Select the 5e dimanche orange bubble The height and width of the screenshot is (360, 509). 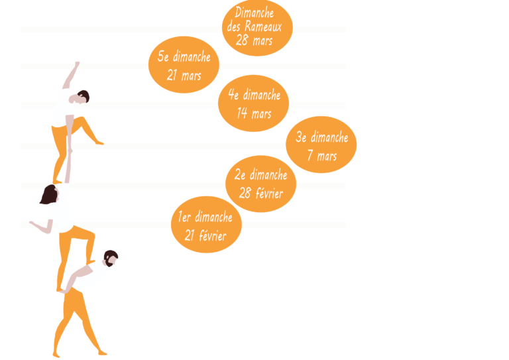pos(184,65)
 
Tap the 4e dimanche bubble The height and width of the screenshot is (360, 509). pos(253,103)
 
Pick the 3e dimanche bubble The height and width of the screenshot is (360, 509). pos(321,145)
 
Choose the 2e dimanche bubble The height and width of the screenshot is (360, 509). pos(265,184)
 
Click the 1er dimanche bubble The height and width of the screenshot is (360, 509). pos(205,225)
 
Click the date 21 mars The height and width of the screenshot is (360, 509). pos(184,75)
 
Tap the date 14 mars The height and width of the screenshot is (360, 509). pos(254,113)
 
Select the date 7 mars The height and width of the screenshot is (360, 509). pos(321,156)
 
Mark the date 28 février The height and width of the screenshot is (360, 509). pos(261,194)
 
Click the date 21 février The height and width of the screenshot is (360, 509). pos(205,235)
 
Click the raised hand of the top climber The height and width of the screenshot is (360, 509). pos(78,64)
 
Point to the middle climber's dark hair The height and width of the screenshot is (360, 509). pos(48,195)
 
